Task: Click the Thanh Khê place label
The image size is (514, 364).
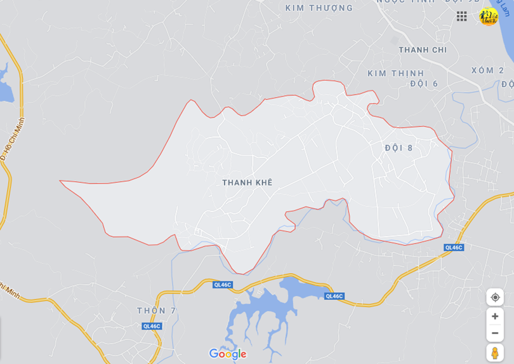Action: point(247,182)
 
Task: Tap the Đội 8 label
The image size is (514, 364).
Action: point(399,148)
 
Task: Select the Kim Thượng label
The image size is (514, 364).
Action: point(319,8)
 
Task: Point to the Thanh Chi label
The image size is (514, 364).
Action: point(423,50)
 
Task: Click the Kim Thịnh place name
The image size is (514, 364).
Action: point(395,74)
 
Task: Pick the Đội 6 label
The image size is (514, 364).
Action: point(424,84)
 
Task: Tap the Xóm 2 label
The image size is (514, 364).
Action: point(487,71)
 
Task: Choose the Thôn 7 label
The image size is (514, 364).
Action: point(156,311)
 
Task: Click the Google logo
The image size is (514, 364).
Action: point(227,354)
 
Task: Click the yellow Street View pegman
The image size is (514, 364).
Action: point(495,353)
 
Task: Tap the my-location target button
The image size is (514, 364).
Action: point(495,297)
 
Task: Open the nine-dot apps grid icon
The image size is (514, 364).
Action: point(462,17)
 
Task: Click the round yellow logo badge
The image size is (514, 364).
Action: point(489,17)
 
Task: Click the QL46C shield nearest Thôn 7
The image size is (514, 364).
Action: point(152,327)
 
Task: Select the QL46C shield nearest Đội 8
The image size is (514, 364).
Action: point(454,248)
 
